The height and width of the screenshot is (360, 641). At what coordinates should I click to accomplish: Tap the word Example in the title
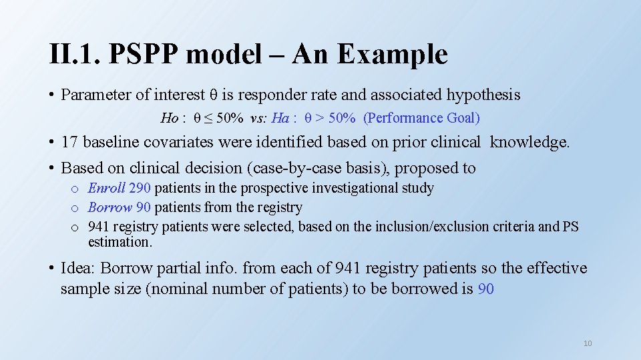392,54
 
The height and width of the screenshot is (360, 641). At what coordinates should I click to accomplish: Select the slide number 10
588,343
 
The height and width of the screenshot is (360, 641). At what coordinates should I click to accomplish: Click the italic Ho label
169,118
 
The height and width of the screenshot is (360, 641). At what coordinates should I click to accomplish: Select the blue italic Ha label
280,118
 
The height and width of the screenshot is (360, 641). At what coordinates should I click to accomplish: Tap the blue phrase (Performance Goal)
421,118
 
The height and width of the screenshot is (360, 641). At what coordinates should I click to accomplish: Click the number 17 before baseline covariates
69,142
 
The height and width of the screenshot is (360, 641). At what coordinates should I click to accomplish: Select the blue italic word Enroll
106,189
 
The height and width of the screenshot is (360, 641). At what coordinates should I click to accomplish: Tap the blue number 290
140,189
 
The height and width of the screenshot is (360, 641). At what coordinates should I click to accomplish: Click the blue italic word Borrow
110,207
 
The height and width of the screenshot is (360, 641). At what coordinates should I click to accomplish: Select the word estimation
120,242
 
